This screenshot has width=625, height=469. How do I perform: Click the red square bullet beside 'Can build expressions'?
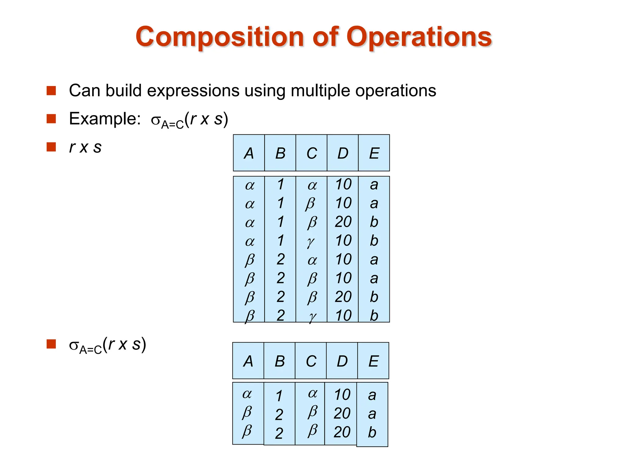[x=51, y=91]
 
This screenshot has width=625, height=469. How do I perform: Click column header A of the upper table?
[x=249, y=153]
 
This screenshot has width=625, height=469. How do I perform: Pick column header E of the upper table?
[x=374, y=153]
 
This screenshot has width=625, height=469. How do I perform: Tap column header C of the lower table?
[x=311, y=361]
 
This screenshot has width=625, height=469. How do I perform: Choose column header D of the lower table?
[x=342, y=361]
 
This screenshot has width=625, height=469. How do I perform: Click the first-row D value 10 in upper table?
[x=343, y=184]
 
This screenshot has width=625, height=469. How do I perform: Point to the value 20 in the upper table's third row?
[x=343, y=222]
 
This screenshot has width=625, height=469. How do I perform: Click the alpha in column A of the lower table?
[x=247, y=394]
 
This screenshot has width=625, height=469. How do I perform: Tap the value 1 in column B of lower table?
[x=279, y=396]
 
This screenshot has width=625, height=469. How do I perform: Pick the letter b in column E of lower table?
[x=372, y=432]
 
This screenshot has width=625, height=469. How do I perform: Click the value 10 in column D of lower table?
[x=342, y=394]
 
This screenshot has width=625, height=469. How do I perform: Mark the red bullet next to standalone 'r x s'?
[x=51, y=147]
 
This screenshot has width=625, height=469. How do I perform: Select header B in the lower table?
[x=280, y=361]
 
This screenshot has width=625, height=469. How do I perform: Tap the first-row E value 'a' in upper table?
[x=374, y=184]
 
